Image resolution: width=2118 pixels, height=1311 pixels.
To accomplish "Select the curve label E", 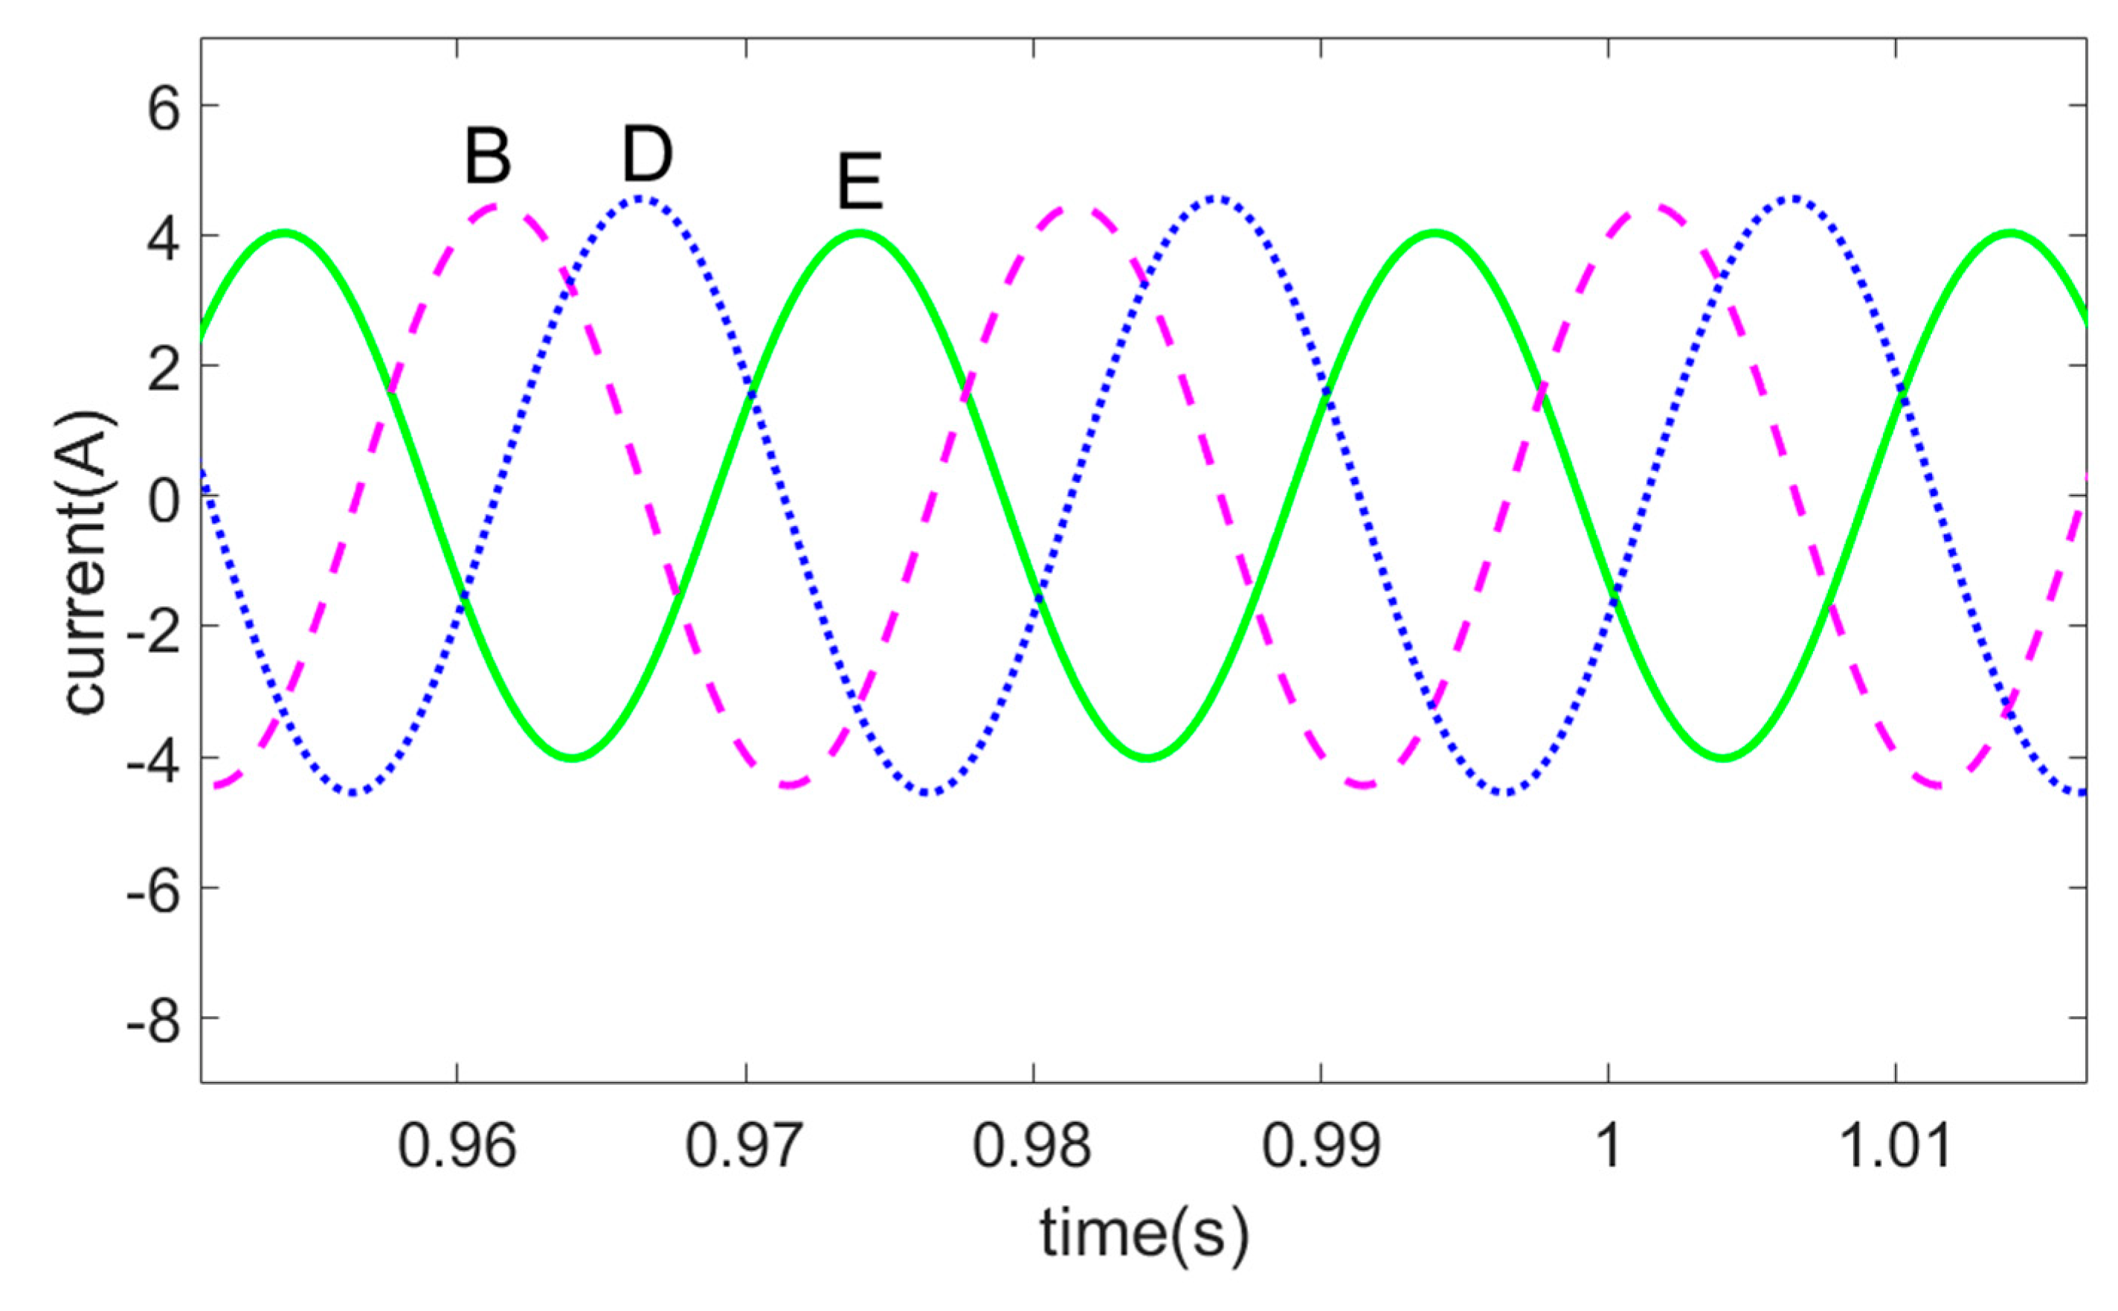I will (x=860, y=182).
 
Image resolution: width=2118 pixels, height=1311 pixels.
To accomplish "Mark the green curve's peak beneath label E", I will (x=859, y=232).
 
